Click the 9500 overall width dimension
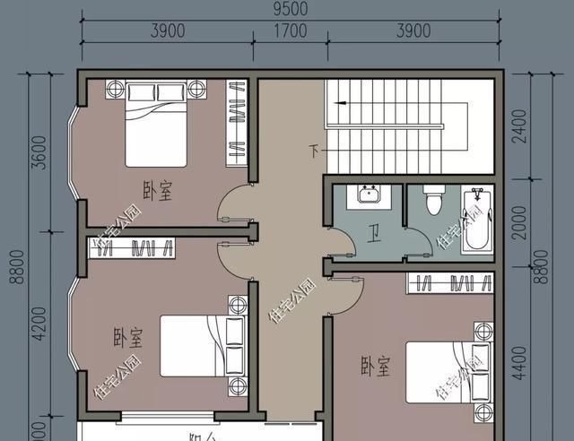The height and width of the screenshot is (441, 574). [291, 10]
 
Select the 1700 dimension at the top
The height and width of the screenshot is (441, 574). [291, 31]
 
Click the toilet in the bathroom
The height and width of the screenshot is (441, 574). [432, 200]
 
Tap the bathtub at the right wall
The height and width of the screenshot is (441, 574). [477, 220]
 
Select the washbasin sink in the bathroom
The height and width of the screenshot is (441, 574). [368, 195]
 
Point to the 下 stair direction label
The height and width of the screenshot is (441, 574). [314, 150]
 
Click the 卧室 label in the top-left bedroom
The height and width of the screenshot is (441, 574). [158, 191]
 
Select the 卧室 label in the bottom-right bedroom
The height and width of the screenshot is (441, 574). [375, 366]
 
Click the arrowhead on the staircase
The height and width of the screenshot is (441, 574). [335, 103]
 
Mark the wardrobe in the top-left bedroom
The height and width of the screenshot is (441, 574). [236, 122]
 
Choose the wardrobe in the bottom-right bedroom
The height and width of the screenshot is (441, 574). [450, 283]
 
